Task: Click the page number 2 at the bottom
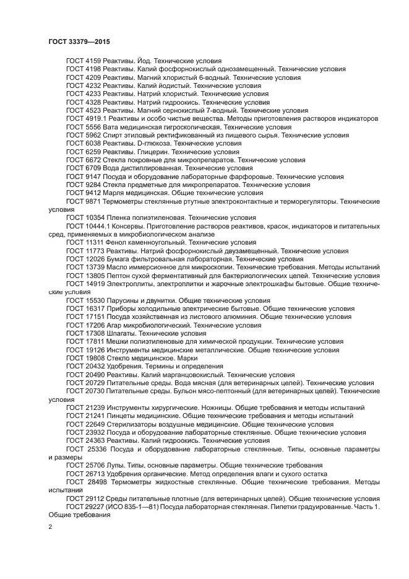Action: [x=51, y=526]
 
